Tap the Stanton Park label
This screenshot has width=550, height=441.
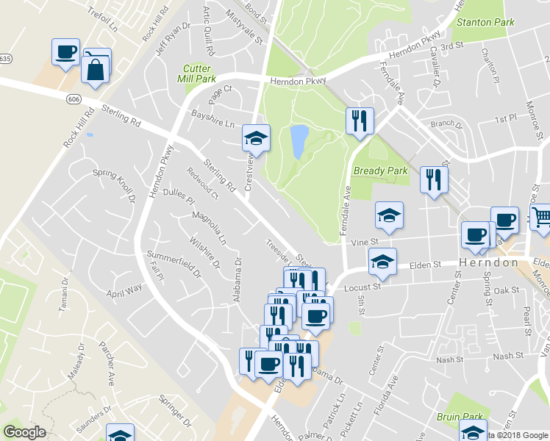(485, 22)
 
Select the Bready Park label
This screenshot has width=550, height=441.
(379, 171)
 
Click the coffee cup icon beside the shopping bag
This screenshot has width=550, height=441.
(65, 52)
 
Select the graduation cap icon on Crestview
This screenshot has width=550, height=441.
(256, 137)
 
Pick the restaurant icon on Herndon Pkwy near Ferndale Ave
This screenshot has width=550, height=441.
(360, 121)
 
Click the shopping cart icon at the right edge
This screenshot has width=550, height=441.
(541, 216)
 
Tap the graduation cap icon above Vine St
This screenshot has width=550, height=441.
(389, 215)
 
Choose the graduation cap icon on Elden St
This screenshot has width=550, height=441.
(382, 262)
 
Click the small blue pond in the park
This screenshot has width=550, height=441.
(299, 141)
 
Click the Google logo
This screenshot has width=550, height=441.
(24, 432)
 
